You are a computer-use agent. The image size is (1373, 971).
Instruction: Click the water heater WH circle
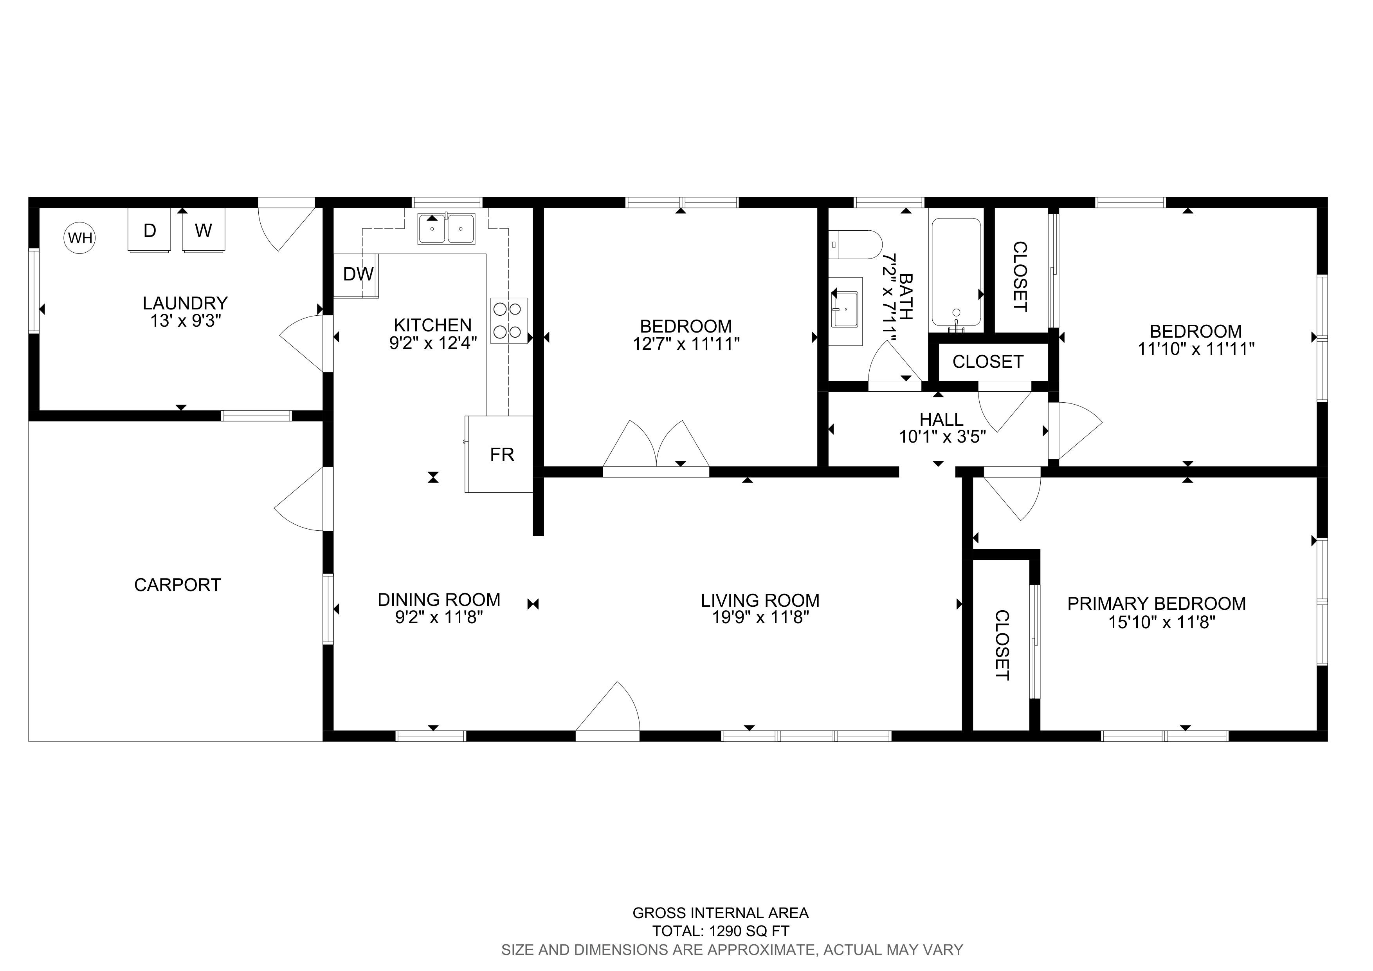pyautogui.click(x=80, y=238)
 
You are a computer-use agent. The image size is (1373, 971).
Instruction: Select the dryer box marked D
pyautogui.click(x=150, y=230)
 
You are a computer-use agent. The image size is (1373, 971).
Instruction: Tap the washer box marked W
pyautogui.click(x=203, y=230)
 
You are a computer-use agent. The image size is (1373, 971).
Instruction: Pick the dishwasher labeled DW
pyautogui.click(x=357, y=275)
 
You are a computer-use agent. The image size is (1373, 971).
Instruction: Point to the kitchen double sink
pyautogui.click(x=447, y=228)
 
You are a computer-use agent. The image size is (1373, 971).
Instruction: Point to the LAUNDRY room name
pyautogui.click(x=186, y=303)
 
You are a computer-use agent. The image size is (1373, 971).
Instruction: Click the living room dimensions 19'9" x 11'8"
pyautogui.click(x=760, y=617)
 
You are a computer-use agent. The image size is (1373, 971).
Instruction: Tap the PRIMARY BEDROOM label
pyautogui.click(x=1157, y=604)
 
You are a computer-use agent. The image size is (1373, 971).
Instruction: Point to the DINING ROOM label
pyautogui.click(x=439, y=599)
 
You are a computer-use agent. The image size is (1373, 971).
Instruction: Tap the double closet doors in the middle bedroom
pyautogui.click(x=657, y=446)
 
